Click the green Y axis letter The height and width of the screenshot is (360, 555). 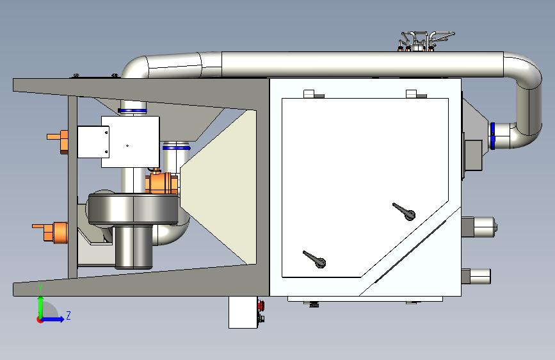point(40,288)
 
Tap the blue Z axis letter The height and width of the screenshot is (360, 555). point(68,315)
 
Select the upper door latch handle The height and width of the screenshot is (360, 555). point(404,211)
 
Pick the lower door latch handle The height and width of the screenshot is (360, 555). point(314,259)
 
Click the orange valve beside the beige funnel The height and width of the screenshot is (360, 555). point(161,183)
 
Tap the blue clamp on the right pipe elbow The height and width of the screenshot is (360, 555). point(492,136)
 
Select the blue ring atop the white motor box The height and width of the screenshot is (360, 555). point(133,111)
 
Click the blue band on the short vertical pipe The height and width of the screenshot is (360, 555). point(176,148)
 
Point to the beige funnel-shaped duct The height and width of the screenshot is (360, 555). point(218,187)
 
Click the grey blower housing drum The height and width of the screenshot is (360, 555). point(133,209)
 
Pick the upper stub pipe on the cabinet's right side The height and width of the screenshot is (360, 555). point(479,227)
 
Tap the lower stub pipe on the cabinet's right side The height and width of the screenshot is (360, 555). point(476,276)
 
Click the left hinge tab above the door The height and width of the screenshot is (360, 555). point(309,94)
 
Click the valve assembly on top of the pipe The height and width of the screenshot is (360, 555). point(424,41)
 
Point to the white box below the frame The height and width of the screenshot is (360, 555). point(243,313)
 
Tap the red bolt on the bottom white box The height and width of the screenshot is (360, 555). point(261,305)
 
